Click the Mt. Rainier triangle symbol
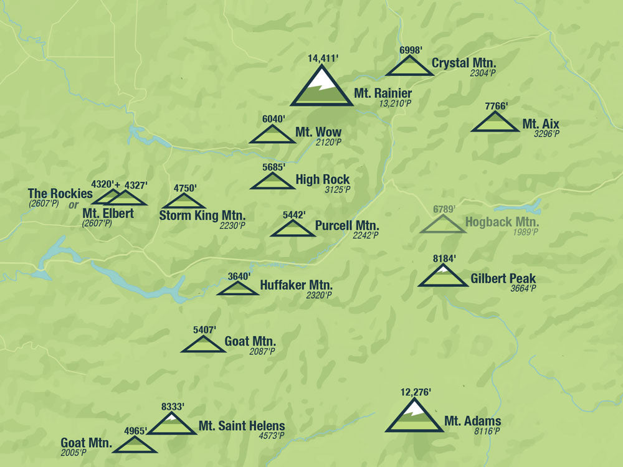(x=322, y=89)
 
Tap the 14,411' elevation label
(x=322, y=59)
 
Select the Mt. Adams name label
(x=473, y=422)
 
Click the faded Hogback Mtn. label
(x=502, y=222)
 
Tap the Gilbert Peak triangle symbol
(x=443, y=277)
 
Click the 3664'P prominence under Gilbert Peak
(x=523, y=288)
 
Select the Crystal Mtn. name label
(x=464, y=63)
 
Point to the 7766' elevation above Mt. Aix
(x=497, y=106)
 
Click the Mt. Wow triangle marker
(x=272, y=135)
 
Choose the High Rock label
(x=322, y=180)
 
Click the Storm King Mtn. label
(x=202, y=216)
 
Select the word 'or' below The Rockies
(x=74, y=205)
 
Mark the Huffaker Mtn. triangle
(x=237, y=289)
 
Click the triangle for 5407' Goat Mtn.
(x=203, y=345)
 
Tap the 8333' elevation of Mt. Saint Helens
(x=173, y=407)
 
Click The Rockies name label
(x=60, y=193)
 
